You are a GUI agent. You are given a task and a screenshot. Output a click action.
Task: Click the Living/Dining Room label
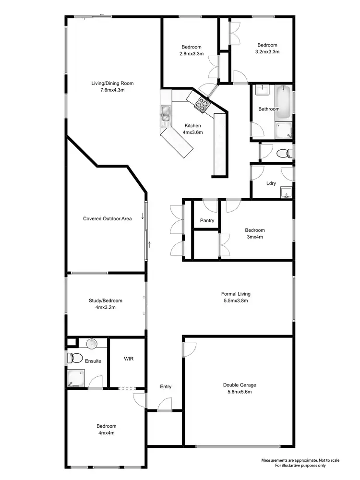click(x=112, y=84)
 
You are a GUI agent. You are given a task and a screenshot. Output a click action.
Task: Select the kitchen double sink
click(x=166, y=114)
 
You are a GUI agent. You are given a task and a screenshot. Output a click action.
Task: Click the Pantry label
click(x=207, y=221)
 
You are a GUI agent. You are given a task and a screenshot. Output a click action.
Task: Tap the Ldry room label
click(x=271, y=183)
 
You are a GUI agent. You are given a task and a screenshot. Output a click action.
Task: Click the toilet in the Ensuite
click(x=74, y=358)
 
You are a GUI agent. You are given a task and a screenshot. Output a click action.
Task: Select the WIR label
click(x=128, y=359)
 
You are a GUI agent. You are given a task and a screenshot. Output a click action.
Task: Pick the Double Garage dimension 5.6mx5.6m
click(x=240, y=392)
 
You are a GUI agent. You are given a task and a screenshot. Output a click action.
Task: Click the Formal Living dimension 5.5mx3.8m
click(x=236, y=301)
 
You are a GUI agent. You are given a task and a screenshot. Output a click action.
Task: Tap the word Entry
click(x=166, y=386)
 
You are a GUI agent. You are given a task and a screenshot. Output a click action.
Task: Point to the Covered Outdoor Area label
click(x=108, y=219)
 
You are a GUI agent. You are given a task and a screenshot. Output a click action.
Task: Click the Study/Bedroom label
click(x=105, y=301)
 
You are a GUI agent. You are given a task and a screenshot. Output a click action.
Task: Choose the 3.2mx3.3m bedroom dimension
click(x=267, y=51)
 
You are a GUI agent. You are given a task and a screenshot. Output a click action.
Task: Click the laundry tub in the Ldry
click(x=286, y=192)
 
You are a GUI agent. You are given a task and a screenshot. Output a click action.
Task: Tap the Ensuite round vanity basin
click(x=92, y=343)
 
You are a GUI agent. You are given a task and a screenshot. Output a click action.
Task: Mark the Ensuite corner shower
click(x=75, y=378)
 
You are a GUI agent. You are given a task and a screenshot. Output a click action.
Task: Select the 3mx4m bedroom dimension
click(x=254, y=237)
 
